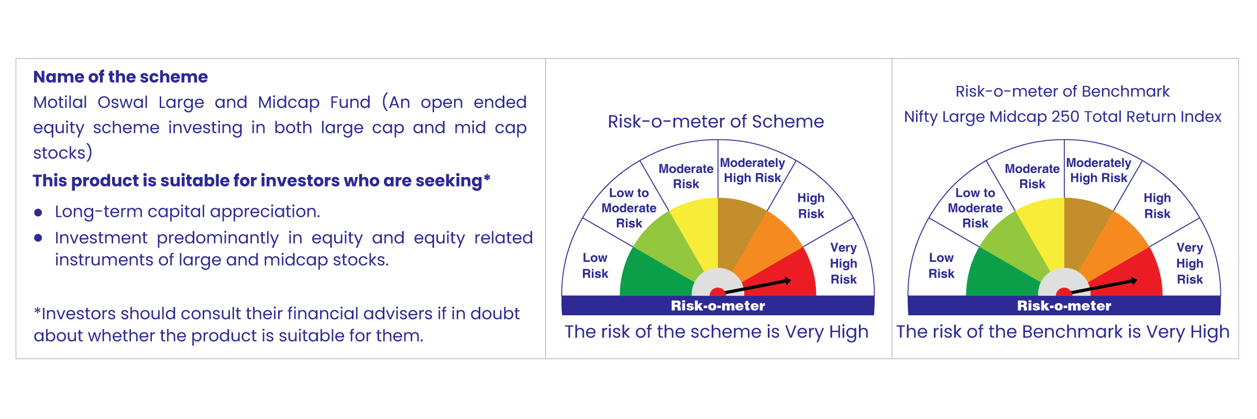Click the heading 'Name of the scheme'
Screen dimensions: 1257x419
[x=120, y=77]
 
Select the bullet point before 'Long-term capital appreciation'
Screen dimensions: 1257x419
[x=38, y=213]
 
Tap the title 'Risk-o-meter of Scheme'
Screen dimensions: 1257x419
[x=716, y=122]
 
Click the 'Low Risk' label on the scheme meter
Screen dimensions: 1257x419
[x=595, y=266]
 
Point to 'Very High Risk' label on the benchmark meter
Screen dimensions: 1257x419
[x=1190, y=263]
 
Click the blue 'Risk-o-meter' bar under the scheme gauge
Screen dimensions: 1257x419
[x=718, y=305]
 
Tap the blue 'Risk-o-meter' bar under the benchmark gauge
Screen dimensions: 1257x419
[x=1064, y=305]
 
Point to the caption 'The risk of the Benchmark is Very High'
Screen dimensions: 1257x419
[x=1063, y=332]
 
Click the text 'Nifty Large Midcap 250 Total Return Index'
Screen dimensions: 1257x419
[x=1063, y=117]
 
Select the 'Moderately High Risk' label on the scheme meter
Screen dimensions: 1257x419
[x=753, y=171]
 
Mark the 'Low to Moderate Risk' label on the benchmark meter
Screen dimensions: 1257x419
[x=975, y=208]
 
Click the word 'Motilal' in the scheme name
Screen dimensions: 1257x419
[x=60, y=102]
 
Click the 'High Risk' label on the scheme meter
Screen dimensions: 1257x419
[x=811, y=206]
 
